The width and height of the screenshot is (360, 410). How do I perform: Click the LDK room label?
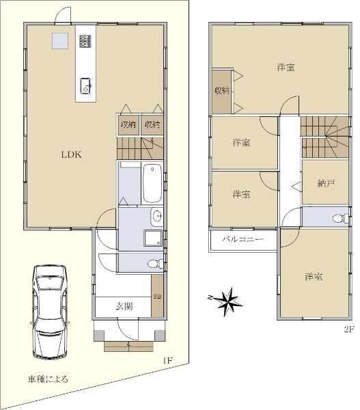coord(71,154)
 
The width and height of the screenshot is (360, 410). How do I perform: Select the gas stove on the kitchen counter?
coord(85,41)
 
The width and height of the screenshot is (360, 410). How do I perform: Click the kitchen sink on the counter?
coord(85,86)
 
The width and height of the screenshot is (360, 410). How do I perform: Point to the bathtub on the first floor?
coord(152,183)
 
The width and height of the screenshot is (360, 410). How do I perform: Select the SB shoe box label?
coord(157,297)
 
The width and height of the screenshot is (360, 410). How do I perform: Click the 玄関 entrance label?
coord(124,306)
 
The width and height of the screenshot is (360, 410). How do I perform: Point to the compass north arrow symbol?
coord(227,301)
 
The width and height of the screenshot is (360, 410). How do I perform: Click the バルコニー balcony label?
coord(243,239)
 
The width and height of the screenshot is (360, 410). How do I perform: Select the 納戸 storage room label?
coord(326,183)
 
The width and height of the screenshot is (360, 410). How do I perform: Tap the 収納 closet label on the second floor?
coord(222,91)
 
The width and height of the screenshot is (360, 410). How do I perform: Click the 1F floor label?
coord(167,361)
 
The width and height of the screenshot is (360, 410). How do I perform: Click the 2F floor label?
coord(349,329)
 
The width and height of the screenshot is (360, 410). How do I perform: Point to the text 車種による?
coord(48,379)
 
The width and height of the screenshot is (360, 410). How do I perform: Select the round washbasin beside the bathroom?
coord(156,217)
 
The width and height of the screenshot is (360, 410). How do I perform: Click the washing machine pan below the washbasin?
coord(153,238)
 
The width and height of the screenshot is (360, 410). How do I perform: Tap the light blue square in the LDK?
coord(60,41)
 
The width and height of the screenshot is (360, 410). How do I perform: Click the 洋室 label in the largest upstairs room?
coord(286,67)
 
